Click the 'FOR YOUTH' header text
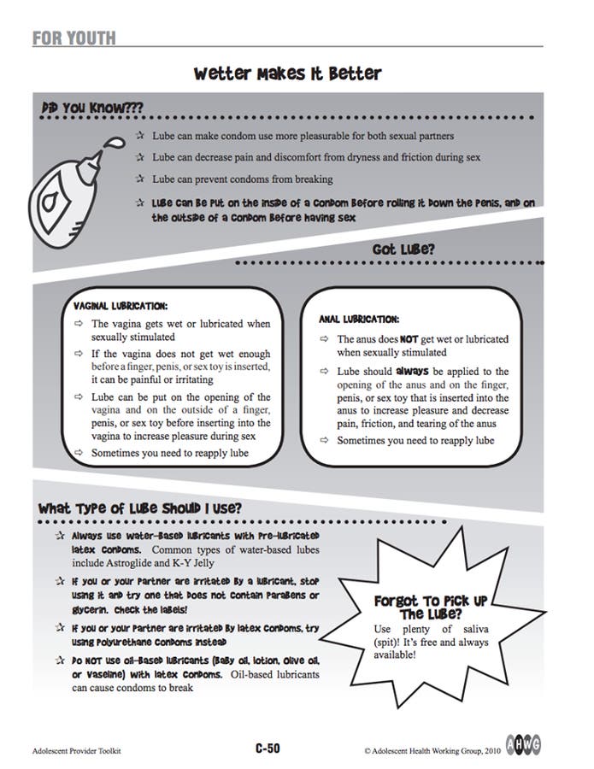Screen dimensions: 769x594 (x=74, y=38)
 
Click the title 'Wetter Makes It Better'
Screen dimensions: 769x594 (x=287, y=73)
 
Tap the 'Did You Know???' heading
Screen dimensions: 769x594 (x=91, y=109)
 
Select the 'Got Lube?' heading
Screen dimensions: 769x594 (x=403, y=249)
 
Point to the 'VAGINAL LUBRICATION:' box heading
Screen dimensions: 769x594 (x=121, y=305)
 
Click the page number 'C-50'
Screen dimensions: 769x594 (x=267, y=749)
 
